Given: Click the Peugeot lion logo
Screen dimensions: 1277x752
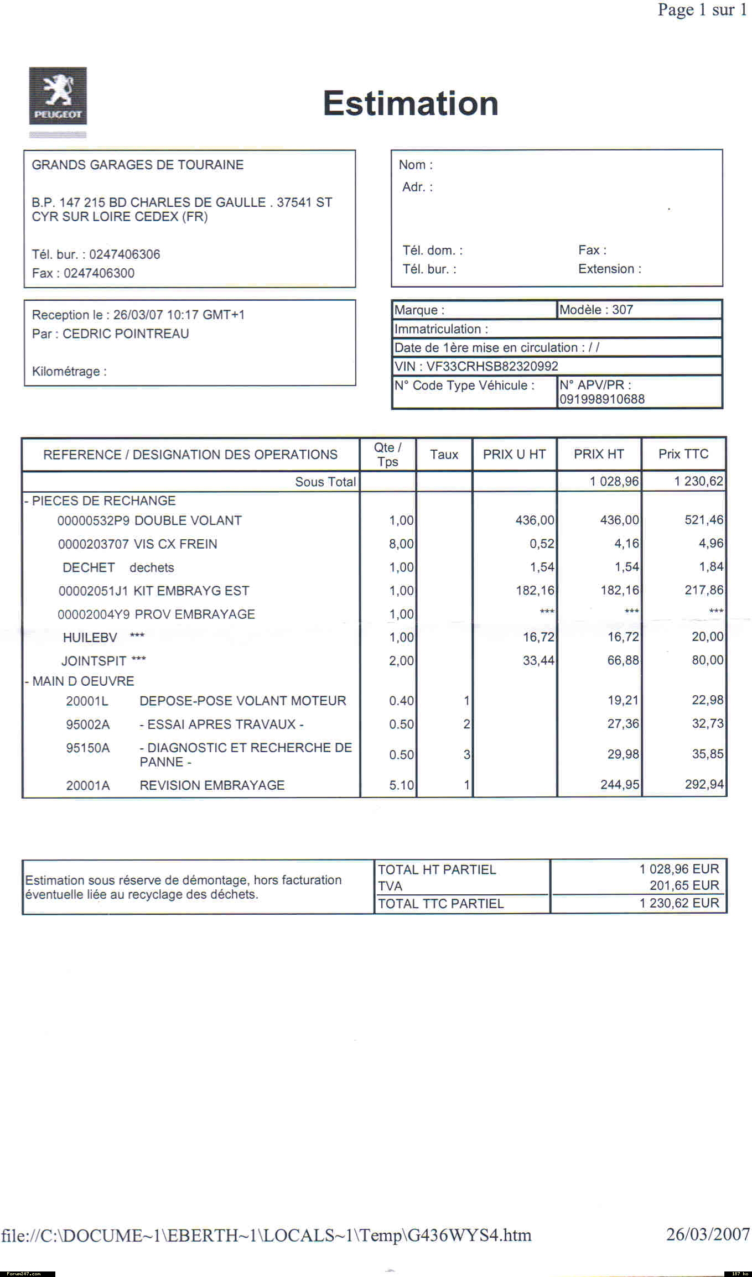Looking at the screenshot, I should (x=58, y=96).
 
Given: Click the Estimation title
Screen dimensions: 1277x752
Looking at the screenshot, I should (x=411, y=103).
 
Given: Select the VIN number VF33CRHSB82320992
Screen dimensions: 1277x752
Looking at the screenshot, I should (x=492, y=366).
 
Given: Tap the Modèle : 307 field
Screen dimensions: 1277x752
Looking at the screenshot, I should (x=596, y=310).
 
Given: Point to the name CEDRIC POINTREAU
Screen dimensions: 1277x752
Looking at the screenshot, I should (x=126, y=333).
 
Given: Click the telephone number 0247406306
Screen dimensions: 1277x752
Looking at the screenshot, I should (x=125, y=254).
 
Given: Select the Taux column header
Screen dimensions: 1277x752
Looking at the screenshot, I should (x=444, y=455).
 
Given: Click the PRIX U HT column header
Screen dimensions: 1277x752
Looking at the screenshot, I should (x=514, y=455).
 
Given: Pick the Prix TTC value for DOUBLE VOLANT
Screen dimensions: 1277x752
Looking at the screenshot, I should (x=703, y=520).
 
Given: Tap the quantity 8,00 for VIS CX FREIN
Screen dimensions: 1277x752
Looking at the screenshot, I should (x=401, y=544).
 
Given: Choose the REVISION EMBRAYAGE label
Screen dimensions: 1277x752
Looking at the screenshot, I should (x=212, y=785).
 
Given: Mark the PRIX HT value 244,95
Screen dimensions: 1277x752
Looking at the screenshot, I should (x=620, y=785).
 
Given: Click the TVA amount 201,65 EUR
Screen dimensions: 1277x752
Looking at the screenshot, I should (x=684, y=885).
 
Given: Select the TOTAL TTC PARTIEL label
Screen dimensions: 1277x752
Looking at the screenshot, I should (x=440, y=904).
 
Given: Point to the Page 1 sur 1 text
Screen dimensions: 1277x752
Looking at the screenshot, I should (x=702, y=10).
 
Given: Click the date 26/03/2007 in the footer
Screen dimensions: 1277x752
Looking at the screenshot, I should (x=708, y=1234).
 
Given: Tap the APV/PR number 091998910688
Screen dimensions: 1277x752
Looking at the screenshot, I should (x=601, y=399).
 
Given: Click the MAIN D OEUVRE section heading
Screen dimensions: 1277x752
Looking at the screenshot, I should (x=83, y=681).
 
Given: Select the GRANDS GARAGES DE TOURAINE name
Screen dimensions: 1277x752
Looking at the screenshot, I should (x=137, y=165).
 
